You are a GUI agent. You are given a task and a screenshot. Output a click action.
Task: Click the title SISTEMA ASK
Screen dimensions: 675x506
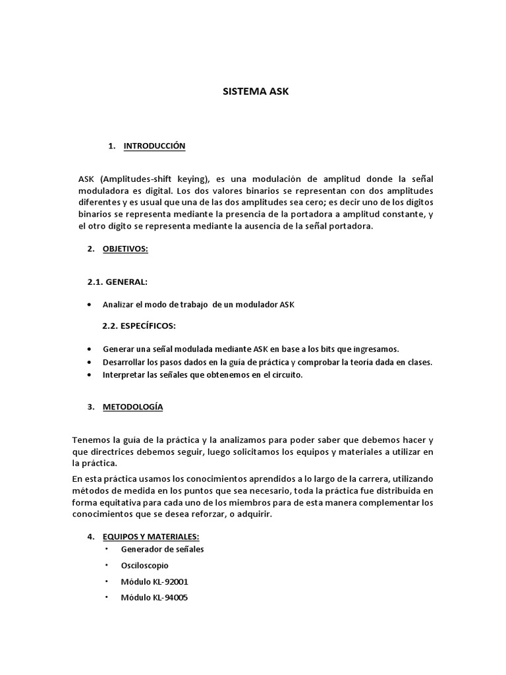point(256,92)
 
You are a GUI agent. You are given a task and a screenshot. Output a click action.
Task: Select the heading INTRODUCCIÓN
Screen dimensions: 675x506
point(154,146)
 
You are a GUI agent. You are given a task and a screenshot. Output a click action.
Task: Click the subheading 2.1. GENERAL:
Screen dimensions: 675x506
point(118,282)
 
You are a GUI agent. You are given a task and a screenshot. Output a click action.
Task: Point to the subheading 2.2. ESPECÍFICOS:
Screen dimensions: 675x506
point(139,326)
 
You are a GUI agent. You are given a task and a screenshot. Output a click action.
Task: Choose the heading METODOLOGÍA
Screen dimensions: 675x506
point(132,407)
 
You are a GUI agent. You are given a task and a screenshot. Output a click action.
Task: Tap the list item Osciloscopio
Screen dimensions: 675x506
point(144,565)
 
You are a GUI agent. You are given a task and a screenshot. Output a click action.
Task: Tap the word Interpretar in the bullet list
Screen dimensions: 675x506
point(122,374)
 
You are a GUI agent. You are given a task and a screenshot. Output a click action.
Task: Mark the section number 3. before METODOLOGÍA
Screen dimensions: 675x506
point(91,407)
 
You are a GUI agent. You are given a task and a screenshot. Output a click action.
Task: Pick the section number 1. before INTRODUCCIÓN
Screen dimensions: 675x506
point(112,146)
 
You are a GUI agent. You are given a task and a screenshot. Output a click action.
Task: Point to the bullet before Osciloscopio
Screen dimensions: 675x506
point(107,565)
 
